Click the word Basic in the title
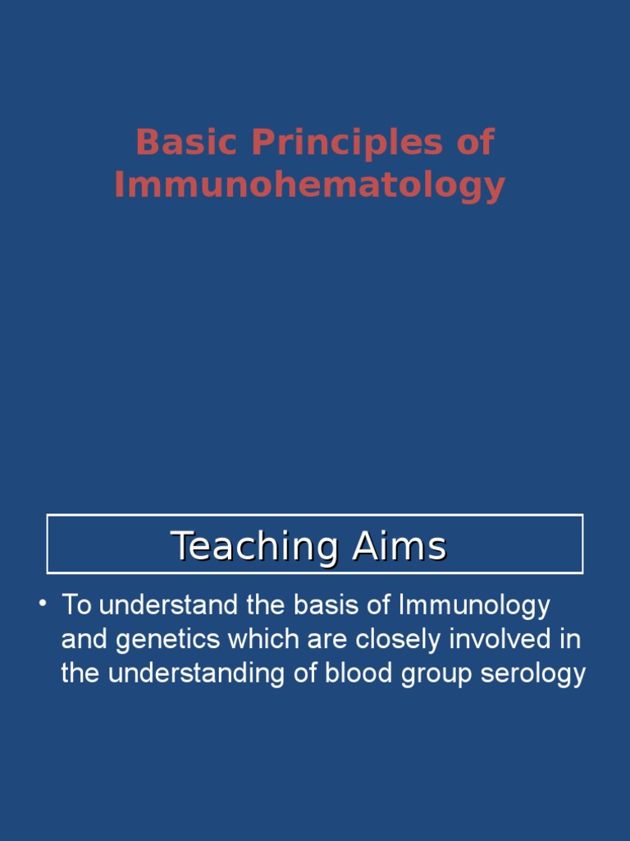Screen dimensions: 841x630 (x=168, y=142)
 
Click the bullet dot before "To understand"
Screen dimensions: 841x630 (x=42, y=605)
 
